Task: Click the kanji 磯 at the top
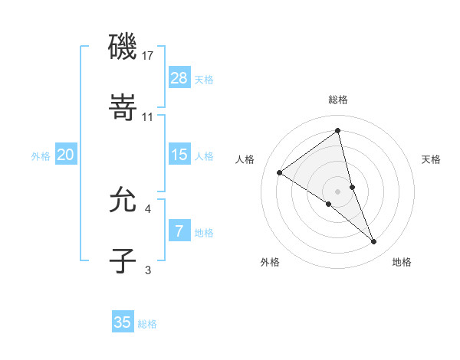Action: [x=123, y=47]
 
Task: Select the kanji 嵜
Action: [x=123, y=109]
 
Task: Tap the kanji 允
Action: [x=123, y=200]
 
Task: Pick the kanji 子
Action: [x=123, y=261]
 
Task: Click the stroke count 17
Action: [x=148, y=56]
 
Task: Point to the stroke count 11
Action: [x=148, y=117]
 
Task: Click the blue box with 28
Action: [x=179, y=78]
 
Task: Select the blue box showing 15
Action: [x=179, y=155]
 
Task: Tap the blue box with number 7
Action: [x=179, y=231]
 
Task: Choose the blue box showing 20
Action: [x=65, y=155]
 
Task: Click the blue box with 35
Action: [x=123, y=322]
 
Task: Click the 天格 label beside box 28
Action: [x=204, y=79]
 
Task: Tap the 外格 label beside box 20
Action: [x=41, y=155]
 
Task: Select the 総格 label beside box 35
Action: [x=147, y=323]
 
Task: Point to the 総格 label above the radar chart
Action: [x=338, y=100]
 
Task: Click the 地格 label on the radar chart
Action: [x=402, y=262]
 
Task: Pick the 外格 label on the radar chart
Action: [x=270, y=262]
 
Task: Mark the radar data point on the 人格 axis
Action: [x=280, y=172]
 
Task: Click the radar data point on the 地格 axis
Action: [x=374, y=242]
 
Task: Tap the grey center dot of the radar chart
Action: [x=337, y=191]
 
